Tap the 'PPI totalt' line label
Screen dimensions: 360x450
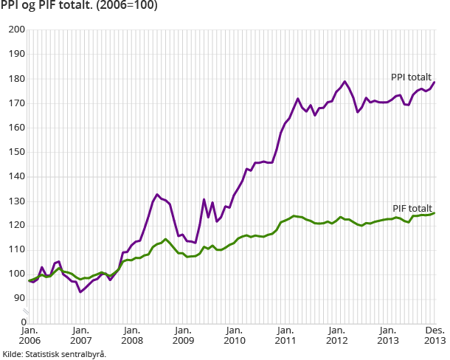pyautogui.click(x=412, y=77)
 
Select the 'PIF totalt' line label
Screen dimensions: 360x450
pyautogui.click(x=412, y=209)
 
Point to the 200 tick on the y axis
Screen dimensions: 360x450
pyautogui.click(x=16, y=30)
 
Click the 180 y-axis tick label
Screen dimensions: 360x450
pyautogui.click(x=16, y=79)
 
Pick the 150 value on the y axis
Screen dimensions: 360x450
pyautogui.click(x=16, y=152)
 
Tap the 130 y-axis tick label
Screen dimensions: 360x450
pyautogui.click(x=16, y=201)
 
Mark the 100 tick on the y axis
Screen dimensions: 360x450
pyautogui.click(x=16, y=274)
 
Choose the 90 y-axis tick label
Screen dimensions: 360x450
pyautogui.click(x=18, y=298)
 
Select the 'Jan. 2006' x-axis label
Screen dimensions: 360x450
pyautogui.click(x=29, y=336)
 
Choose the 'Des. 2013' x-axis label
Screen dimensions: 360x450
pyautogui.click(x=432, y=336)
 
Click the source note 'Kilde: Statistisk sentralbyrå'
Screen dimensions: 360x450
pyautogui.click(x=54, y=354)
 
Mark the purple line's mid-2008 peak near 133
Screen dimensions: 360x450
pyautogui.click(x=157, y=194)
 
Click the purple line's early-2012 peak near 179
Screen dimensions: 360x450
pyautogui.click(x=345, y=81)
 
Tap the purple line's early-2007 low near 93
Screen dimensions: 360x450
pyautogui.click(x=80, y=291)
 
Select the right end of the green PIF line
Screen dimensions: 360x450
pyautogui.click(x=434, y=213)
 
